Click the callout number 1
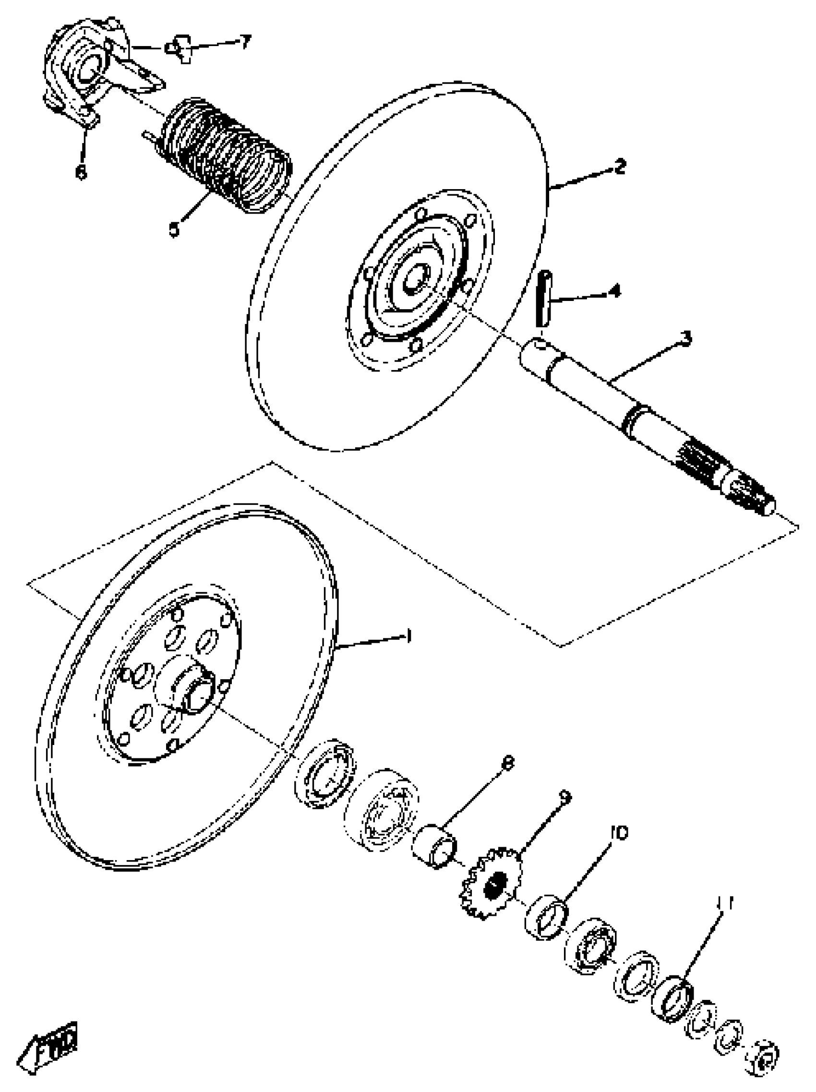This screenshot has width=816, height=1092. click(408, 635)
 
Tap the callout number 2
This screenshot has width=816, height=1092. click(619, 167)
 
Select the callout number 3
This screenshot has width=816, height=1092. click(685, 338)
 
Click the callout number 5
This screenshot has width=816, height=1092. click(174, 229)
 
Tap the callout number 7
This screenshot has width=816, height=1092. click(245, 41)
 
